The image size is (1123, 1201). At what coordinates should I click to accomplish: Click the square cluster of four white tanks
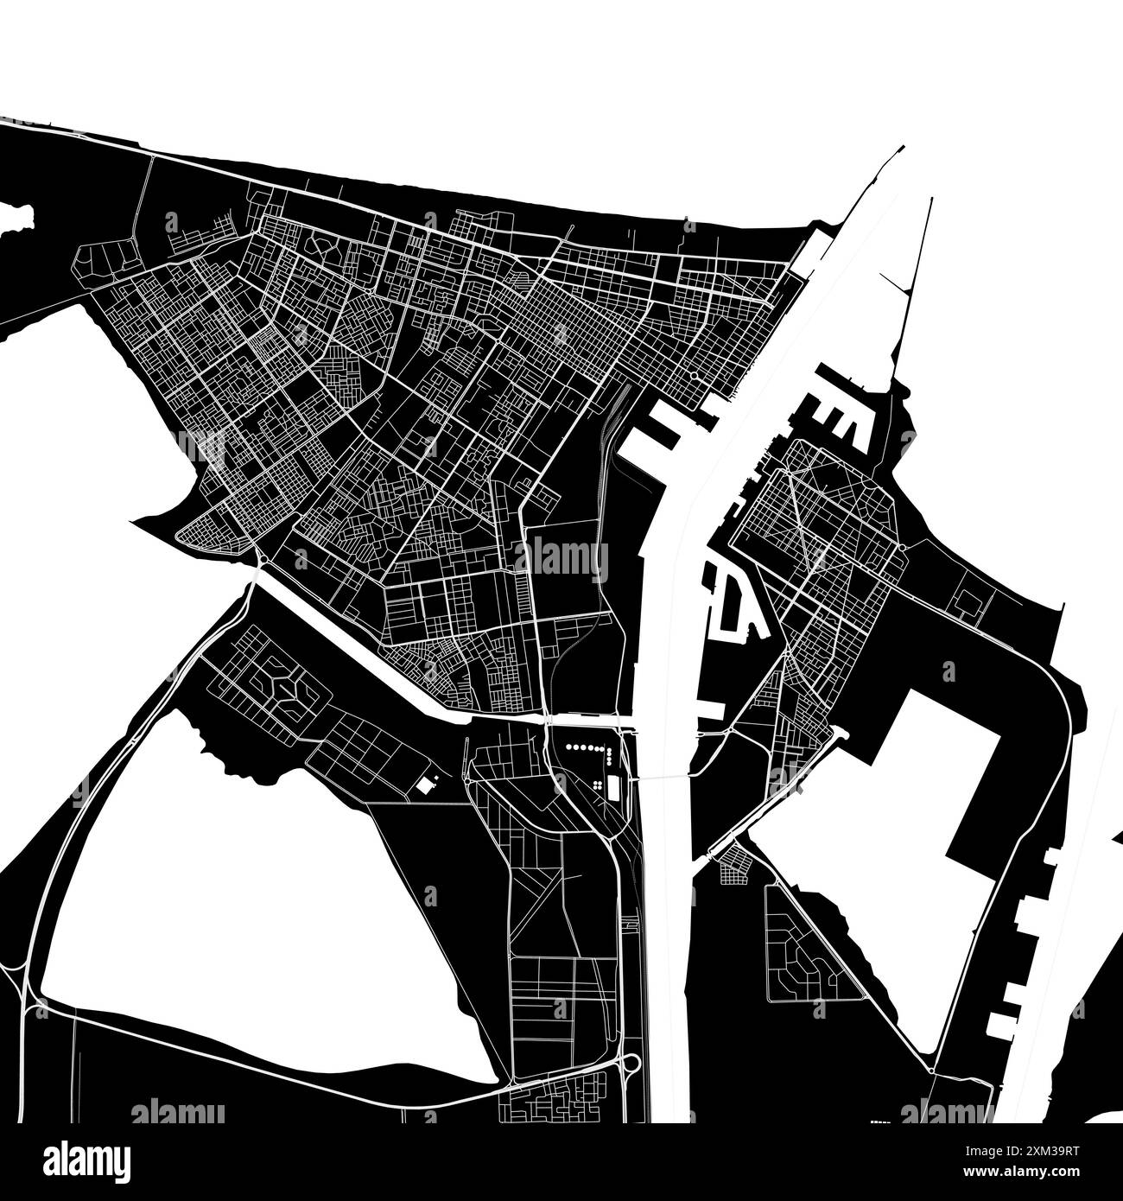(597, 784)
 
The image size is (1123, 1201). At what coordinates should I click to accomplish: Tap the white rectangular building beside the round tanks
(613, 786)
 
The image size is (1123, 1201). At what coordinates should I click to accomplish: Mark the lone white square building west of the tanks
(424, 785)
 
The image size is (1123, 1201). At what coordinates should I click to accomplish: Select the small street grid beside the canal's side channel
(733, 864)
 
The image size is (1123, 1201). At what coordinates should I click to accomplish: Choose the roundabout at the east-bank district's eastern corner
(902, 548)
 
